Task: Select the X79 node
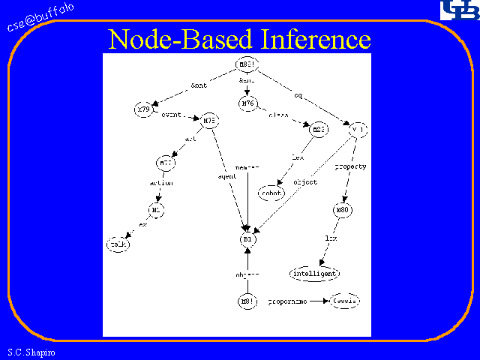point(144,110)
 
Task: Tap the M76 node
point(248,103)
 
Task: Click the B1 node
point(248,238)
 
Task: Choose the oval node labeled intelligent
point(314,273)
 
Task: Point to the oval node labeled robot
point(271,193)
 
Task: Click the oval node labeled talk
point(118,244)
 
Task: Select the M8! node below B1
point(247,301)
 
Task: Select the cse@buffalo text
point(41,18)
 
